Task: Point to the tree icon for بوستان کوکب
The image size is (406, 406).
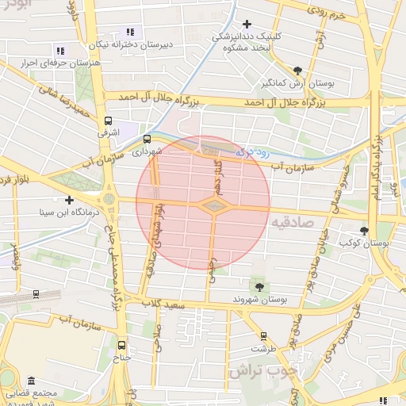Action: [x=364, y=230]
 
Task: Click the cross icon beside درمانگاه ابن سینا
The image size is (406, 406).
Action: [x=70, y=200]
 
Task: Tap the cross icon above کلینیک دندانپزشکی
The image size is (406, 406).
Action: [x=248, y=25]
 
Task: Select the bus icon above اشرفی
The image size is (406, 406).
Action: [x=108, y=121]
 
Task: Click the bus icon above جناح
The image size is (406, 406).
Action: [x=121, y=346]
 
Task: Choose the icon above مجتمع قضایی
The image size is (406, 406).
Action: [x=31, y=381]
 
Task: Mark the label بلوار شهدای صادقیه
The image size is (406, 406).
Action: [x=156, y=237]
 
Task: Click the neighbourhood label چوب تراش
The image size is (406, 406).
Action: [x=262, y=371]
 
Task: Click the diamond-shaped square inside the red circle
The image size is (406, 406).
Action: [x=214, y=206]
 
